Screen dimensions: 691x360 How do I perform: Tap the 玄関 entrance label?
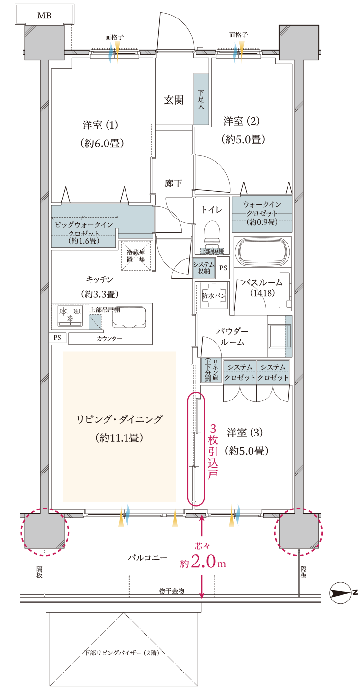click(174, 100)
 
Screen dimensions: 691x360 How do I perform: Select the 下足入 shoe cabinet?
click(201, 98)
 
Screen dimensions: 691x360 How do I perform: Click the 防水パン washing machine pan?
click(214, 295)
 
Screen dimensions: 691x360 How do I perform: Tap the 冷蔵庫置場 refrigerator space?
click(136, 256)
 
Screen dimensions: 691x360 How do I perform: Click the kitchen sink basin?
click(129, 319)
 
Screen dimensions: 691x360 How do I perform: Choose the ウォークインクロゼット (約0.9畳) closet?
click(262, 213)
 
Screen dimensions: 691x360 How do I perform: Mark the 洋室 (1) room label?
click(101, 126)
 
